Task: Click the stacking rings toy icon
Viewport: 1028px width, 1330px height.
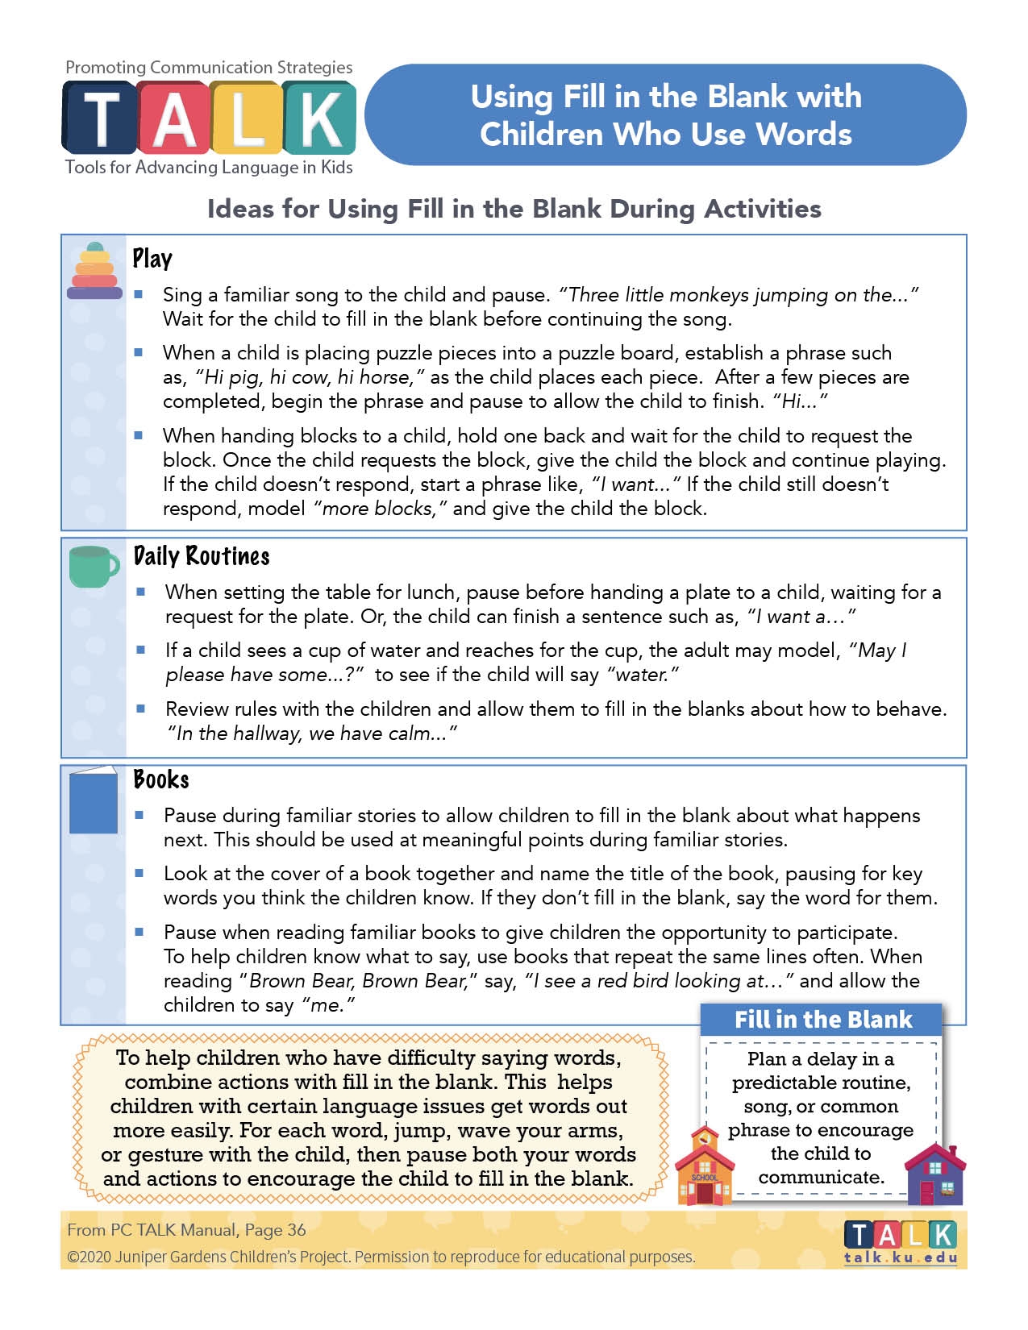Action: tap(94, 271)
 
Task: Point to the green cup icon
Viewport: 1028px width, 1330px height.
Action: tap(94, 566)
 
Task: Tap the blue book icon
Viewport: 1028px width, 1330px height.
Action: tap(94, 800)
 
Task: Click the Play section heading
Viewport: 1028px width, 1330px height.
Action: tap(152, 259)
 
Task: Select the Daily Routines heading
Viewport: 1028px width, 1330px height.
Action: tap(202, 556)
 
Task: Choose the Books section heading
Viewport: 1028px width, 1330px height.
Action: tap(161, 779)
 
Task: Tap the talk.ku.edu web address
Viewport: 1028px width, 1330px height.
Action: tap(901, 1257)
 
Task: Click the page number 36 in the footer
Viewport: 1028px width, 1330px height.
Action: tap(297, 1229)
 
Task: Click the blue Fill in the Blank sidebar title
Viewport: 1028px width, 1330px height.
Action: tap(822, 1020)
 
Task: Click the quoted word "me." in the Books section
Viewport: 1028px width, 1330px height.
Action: tap(329, 1005)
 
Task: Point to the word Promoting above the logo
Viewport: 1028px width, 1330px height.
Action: tap(105, 68)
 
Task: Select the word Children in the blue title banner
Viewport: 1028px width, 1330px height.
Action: tap(541, 134)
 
